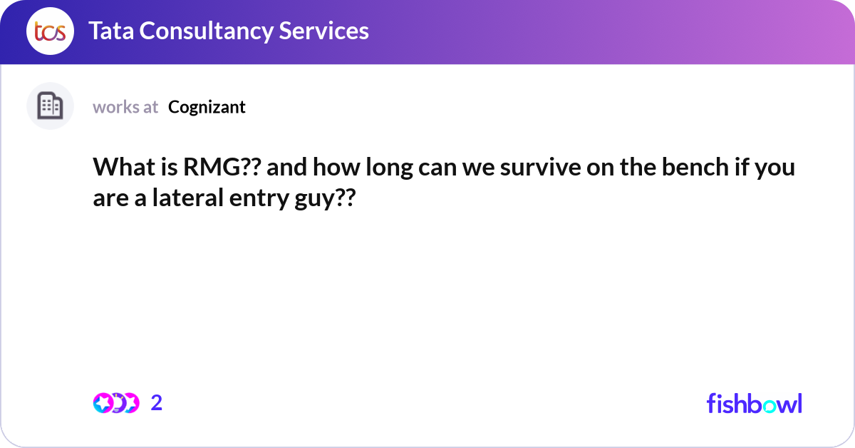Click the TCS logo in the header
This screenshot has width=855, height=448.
coord(50,31)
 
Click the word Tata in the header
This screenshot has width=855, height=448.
coord(113,31)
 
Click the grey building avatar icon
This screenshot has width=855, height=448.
coord(50,106)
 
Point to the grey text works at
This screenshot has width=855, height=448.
coord(125,107)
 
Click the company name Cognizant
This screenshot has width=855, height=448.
coord(207,107)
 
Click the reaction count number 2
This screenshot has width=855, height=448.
coord(157,403)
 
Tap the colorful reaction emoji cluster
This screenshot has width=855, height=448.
coord(115,403)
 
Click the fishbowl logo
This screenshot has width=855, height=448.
coord(754,403)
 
